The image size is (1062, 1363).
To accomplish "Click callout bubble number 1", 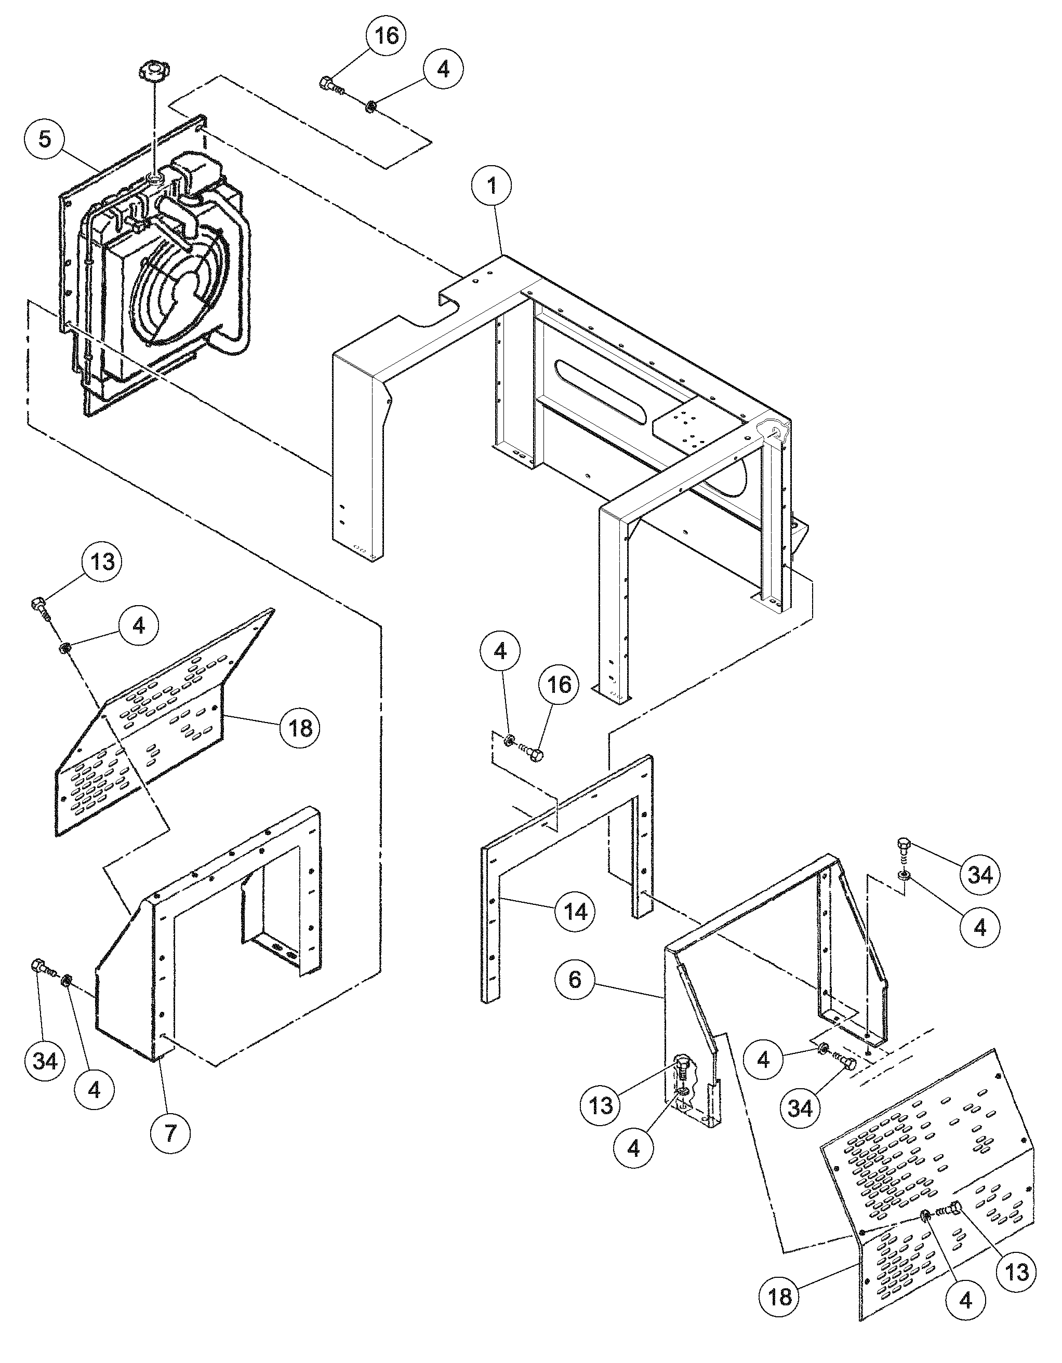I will point(492,185).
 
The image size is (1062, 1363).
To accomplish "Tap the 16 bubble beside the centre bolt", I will point(560,684).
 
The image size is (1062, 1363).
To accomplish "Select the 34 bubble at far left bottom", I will point(45,1060).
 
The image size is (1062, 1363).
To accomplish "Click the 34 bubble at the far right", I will point(979,874).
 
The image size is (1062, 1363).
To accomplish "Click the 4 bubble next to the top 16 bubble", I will point(443,69).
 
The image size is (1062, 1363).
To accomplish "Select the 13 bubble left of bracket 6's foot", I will point(601,1105).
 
